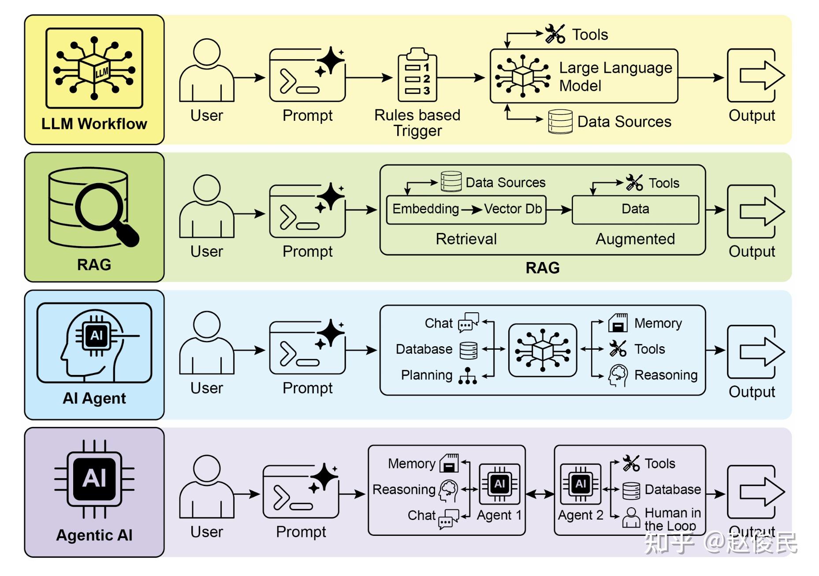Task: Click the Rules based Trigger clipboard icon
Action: [x=417, y=75]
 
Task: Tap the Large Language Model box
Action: [x=584, y=76]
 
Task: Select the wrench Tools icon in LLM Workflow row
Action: [x=555, y=34]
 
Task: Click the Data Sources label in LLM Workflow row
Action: [x=624, y=122]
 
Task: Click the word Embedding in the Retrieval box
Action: [x=425, y=209]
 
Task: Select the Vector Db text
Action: [x=513, y=209]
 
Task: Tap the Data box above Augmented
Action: [x=635, y=209]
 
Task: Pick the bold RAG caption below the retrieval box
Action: [x=542, y=268]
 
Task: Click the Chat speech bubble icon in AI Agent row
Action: [x=468, y=322]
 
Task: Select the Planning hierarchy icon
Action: [x=467, y=376]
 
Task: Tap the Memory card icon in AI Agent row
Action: [x=618, y=323]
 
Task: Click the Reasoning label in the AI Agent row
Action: [x=666, y=375]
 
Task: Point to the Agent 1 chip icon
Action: [x=499, y=484]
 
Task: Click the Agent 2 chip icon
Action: [x=580, y=484]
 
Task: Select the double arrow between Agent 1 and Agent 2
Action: [x=540, y=494]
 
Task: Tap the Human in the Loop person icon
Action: [x=631, y=517]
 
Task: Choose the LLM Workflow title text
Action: [x=94, y=124]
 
